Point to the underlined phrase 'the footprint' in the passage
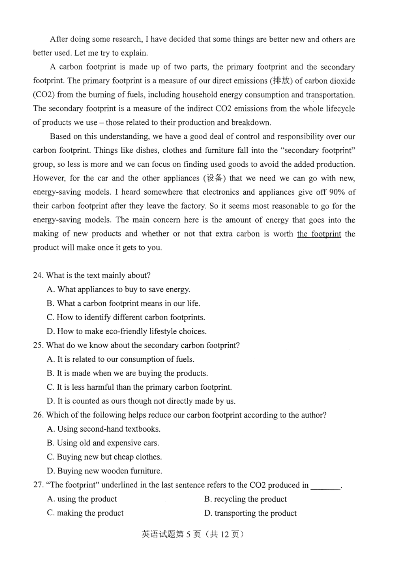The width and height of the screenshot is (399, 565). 319,234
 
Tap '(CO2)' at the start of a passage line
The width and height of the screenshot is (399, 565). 43,95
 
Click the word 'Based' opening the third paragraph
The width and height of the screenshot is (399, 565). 60,136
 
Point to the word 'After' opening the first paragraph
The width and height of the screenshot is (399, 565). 59,39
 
